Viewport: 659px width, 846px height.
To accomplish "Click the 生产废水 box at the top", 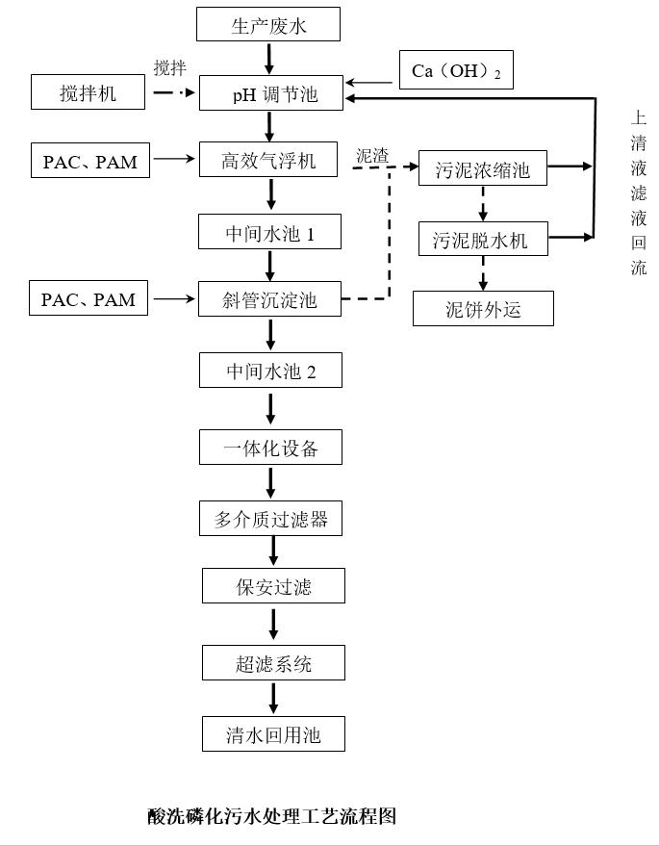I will (x=268, y=24).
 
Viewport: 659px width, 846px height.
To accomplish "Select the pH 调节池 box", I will (x=270, y=94).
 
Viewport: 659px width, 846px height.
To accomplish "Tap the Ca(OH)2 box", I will (x=456, y=71).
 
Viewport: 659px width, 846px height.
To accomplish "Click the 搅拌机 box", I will (x=88, y=93).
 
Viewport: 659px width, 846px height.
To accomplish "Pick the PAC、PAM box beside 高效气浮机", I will (x=89, y=161).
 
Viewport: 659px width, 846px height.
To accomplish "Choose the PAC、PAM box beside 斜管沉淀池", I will (x=88, y=299).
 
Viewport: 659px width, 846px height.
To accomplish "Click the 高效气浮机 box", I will (x=268, y=161).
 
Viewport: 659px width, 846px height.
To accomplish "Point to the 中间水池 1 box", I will (x=270, y=232).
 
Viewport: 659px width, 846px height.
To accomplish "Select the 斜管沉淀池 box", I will (x=269, y=299).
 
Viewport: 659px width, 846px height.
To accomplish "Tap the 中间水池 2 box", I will (x=270, y=371).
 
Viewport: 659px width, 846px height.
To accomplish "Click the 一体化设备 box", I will (x=270, y=448).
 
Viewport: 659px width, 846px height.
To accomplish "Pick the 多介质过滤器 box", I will (x=270, y=520).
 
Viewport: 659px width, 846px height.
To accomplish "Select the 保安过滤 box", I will (x=273, y=586).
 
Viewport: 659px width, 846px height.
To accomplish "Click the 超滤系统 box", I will (x=273, y=663).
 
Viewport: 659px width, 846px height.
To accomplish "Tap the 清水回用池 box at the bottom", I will (x=273, y=734).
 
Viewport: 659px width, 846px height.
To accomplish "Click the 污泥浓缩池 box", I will (x=483, y=169).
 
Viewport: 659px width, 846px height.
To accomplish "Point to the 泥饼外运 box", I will (x=483, y=309).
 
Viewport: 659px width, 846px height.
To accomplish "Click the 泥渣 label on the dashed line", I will (x=372, y=154).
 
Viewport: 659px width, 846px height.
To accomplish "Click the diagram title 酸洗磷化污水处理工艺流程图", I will (x=271, y=816).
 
